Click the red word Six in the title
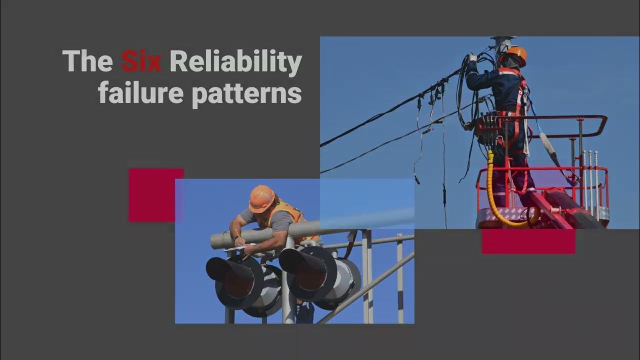[141, 62]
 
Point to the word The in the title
[87, 62]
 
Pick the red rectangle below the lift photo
[528, 241]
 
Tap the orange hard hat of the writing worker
[261, 198]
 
